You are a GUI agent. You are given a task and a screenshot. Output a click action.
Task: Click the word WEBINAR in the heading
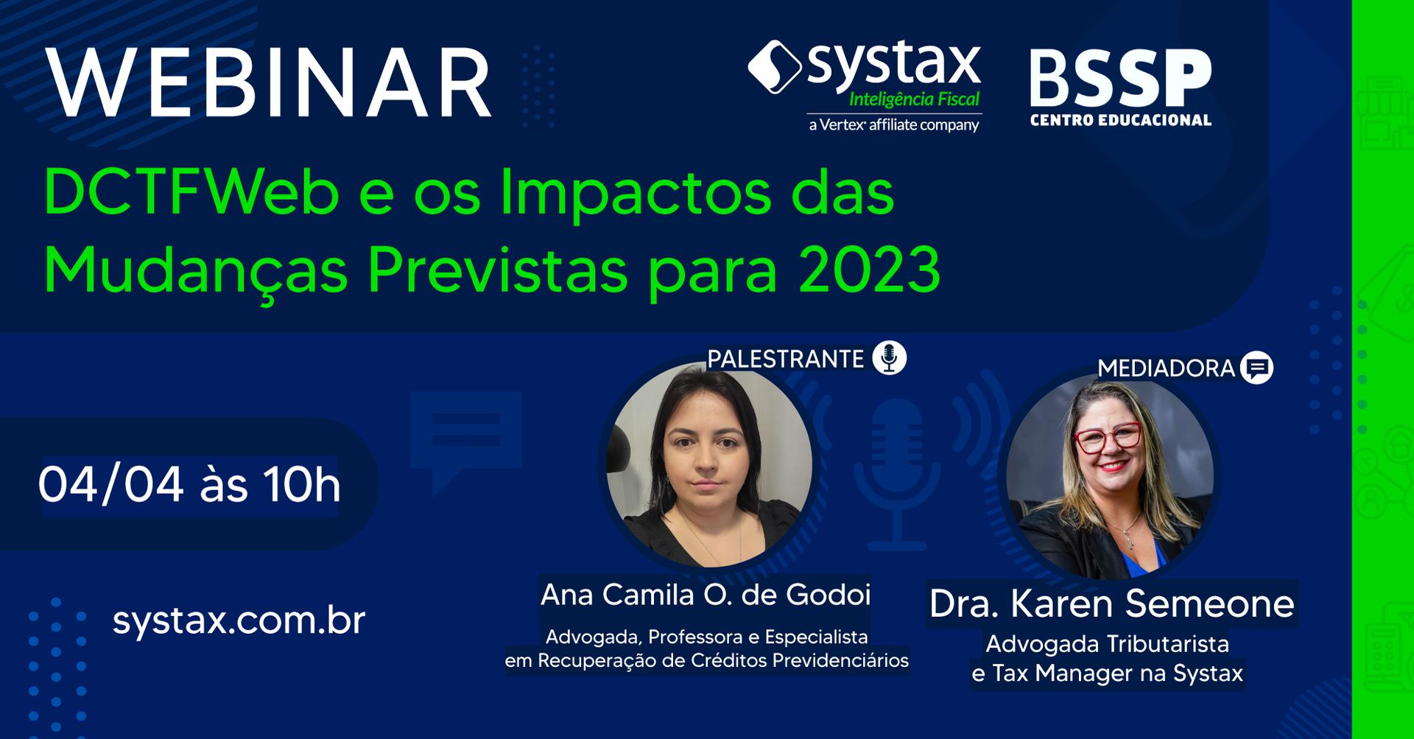[270, 82]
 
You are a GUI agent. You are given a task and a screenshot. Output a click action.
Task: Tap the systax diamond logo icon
[775, 67]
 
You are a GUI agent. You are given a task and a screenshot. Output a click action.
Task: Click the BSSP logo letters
[1120, 78]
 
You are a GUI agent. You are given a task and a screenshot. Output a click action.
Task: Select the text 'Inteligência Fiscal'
[915, 100]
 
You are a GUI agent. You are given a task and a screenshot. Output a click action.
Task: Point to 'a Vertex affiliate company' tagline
[894, 125]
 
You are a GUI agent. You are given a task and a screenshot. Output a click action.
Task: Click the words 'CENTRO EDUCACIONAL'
[1120, 120]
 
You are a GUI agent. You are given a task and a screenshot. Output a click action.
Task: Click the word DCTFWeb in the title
[192, 193]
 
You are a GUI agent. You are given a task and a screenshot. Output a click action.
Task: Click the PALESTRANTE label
[785, 359]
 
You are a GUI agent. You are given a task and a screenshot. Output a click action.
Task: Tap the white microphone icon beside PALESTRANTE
[889, 358]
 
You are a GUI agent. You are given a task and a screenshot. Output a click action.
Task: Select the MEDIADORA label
[1166, 368]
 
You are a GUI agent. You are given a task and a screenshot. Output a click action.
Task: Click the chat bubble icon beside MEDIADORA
[1256, 367]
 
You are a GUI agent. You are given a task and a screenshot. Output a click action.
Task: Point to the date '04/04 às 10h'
[189, 485]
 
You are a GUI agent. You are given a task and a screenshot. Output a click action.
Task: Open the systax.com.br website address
[239, 621]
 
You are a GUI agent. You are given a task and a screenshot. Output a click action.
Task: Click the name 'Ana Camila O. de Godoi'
[706, 595]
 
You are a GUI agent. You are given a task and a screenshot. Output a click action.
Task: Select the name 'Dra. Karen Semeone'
[1111, 604]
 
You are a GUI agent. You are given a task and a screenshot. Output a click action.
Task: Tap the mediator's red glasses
[1108, 438]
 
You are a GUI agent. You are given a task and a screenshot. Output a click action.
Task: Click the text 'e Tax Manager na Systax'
[1107, 673]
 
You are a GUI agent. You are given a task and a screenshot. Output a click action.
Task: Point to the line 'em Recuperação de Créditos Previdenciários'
[706, 661]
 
